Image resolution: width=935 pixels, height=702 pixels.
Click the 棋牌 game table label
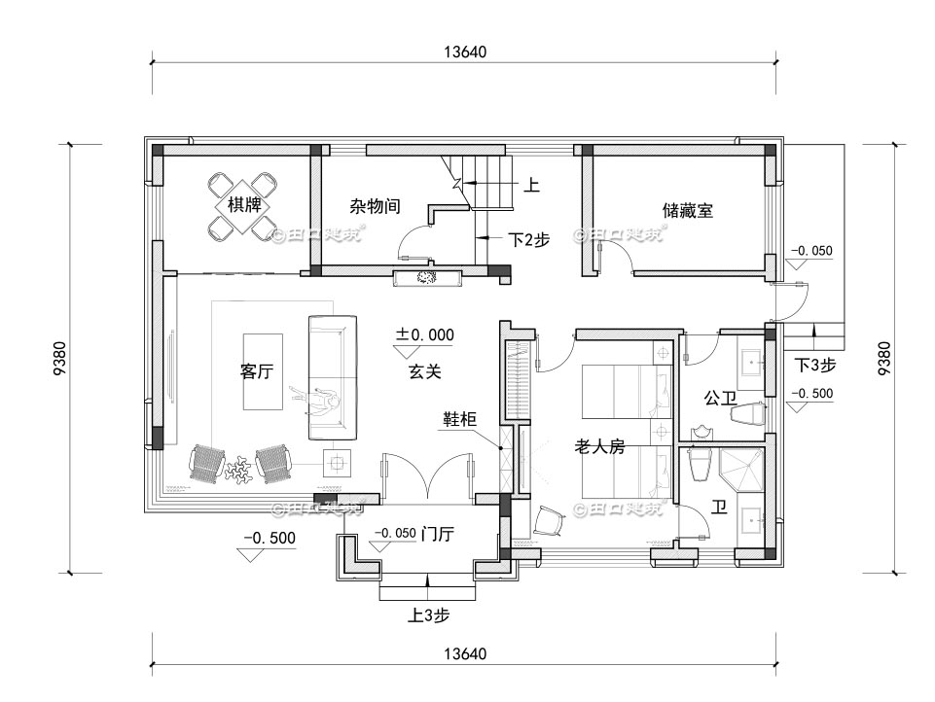coord(244,205)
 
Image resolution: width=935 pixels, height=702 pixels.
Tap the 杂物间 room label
coord(376,206)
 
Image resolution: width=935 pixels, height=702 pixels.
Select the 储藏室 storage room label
coord(688,209)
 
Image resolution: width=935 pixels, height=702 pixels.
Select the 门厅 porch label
coord(442,534)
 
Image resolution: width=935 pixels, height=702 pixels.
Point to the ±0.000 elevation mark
coord(424,334)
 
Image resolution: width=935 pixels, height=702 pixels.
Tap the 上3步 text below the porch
coord(428,614)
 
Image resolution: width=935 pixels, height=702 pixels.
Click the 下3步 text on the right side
coord(814,366)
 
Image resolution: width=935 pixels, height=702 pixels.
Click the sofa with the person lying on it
coord(333,377)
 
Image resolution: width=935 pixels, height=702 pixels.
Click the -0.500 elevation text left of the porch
coord(270,538)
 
